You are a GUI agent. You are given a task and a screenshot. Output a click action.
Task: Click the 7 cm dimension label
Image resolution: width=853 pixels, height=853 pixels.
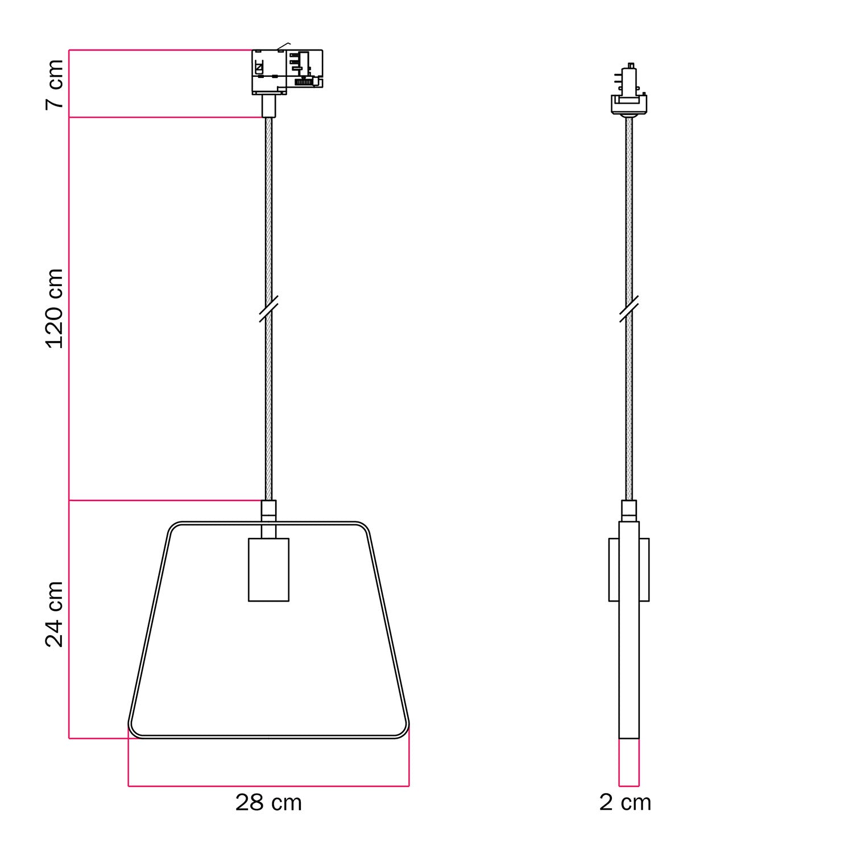coord(55,84)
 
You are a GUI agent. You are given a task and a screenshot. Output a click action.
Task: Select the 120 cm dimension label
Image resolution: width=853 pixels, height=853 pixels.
coord(55,308)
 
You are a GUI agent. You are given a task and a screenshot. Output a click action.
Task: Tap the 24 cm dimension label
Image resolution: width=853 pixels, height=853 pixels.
coord(55,614)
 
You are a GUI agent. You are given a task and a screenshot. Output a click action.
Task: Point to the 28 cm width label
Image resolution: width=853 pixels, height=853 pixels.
coord(268,802)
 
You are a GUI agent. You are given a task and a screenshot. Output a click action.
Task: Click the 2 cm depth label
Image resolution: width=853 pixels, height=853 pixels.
coord(625,802)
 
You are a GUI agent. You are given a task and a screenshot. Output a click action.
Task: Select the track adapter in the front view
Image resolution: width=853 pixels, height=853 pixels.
coord(287,72)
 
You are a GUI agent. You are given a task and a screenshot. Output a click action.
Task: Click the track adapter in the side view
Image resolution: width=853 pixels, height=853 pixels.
coord(629,91)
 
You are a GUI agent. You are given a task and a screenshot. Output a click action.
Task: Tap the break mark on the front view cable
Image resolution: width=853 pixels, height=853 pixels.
coord(268,309)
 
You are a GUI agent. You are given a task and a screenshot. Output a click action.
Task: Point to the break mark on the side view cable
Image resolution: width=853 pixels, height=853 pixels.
coord(629,309)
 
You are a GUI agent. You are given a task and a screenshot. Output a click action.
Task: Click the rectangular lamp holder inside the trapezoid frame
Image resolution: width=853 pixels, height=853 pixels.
coord(268,569)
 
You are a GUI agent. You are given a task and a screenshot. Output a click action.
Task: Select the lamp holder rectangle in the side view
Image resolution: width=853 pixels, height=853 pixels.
coord(629,569)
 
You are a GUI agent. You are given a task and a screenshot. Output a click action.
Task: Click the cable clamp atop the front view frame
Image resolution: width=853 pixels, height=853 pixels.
coord(268,510)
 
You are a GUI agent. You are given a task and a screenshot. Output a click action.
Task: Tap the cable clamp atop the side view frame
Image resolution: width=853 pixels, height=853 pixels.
coord(629,510)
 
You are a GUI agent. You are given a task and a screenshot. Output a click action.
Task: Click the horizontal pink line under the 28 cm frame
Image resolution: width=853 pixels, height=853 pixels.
coord(268,786)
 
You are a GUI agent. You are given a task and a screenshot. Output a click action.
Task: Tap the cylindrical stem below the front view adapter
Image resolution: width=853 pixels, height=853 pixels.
coord(268,106)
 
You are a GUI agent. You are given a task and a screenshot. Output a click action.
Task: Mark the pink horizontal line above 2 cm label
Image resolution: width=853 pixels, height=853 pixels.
coord(629,786)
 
